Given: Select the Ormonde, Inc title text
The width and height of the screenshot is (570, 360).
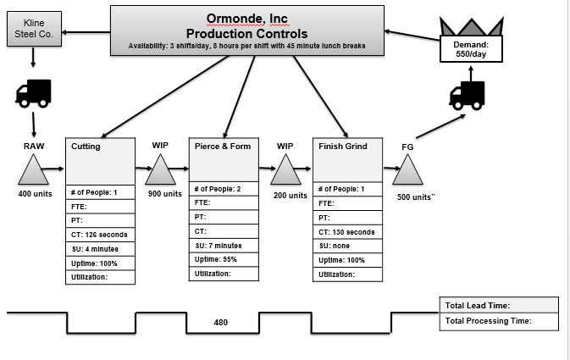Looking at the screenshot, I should click(246, 19).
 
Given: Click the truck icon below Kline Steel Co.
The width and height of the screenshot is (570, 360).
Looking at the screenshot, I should click(33, 95).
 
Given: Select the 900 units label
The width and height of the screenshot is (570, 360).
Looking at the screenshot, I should click(165, 194).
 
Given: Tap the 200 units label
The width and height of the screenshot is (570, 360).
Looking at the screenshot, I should click(291, 195).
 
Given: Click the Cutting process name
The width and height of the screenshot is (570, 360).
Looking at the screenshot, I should click(86, 147).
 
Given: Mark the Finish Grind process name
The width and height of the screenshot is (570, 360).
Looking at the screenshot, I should click(343, 147).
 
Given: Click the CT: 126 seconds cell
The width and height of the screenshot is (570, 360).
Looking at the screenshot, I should click(100, 235).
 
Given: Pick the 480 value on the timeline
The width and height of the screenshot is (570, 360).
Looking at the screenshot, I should click(221, 323).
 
